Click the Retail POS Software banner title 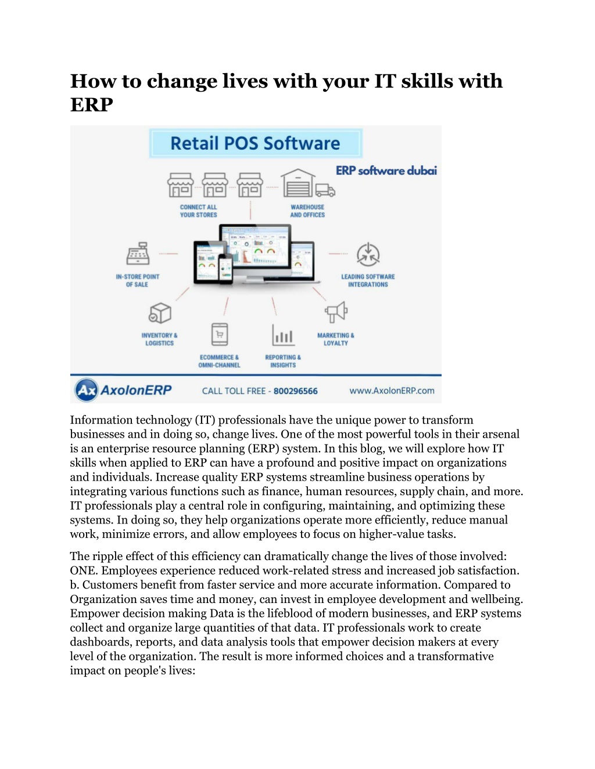255,143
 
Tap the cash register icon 138,254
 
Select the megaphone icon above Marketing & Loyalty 336,312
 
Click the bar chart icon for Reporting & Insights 283,334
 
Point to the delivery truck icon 325,190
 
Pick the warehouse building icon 297,183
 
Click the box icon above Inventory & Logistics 160,312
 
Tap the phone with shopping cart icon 220,334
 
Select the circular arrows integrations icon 368,254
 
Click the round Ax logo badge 86,390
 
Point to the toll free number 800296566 295,391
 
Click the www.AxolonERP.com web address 392,391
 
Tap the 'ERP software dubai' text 386,171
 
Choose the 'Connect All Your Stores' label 198,211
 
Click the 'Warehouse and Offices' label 307,211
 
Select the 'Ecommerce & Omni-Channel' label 219,362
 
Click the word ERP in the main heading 92,104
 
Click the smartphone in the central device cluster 225,269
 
